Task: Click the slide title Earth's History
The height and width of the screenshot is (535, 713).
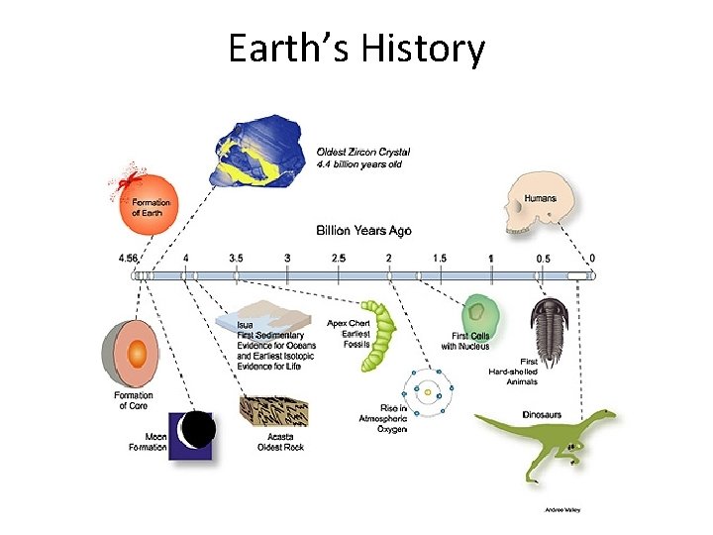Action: [356, 48]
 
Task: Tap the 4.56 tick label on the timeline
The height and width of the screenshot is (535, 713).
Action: [128, 258]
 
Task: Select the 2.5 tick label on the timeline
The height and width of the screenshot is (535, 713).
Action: [338, 258]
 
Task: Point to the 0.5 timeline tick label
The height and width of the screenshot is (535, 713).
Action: [544, 258]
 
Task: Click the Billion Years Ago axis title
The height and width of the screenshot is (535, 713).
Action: [363, 230]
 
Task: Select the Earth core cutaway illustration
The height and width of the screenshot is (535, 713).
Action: [131, 355]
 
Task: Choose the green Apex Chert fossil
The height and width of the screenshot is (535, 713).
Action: [378, 336]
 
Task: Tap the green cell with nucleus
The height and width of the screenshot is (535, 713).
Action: [478, 317]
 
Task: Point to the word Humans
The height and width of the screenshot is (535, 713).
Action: [540, 197]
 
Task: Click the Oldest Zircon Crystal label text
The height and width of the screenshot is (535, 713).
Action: [362, 153]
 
